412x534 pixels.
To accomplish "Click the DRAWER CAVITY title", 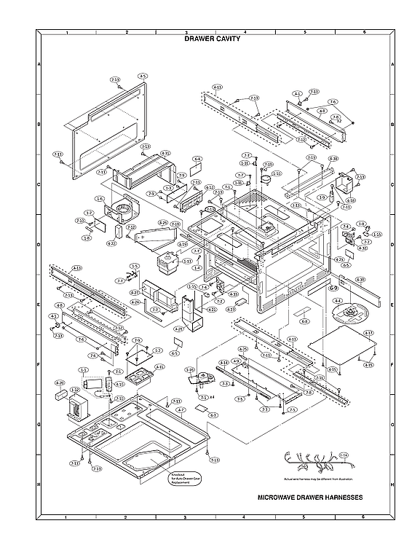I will (x=213, y=39).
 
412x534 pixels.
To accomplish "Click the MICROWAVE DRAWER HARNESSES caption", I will (x=310, y=498).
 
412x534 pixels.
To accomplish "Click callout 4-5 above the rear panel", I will (x=143, y=76).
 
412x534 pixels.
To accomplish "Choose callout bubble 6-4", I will (x=197, y=158).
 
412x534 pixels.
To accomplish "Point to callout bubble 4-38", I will (x=333, y=158).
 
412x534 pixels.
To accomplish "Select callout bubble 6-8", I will (x=305, y=321).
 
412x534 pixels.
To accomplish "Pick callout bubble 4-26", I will (x=163, y=223).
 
